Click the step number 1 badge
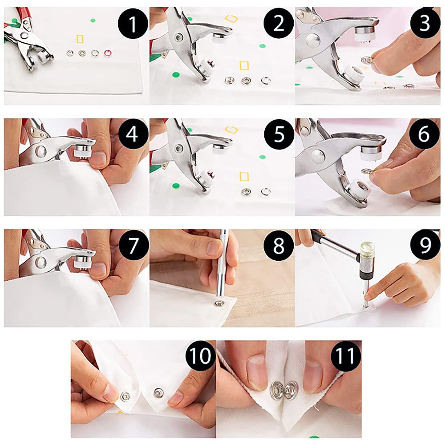click(x=133, y=24)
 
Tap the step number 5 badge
click(x=279, y=134)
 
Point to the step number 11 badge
click(x=346, y=356)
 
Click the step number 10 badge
click(x=200, y=356)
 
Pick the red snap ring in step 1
click(x=108, y=53)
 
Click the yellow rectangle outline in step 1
click(x=80, y=39)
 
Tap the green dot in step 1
click(x=93, y=20)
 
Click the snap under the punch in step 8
click(x=218, y=303)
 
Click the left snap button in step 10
click(x=125, y=396)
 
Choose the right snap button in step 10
click(x=158, y=393)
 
